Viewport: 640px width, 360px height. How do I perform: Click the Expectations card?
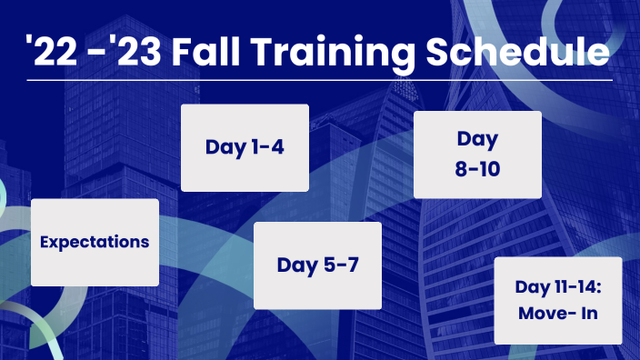pyautogui.click(x=95, y=243)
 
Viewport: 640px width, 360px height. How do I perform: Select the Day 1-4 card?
pyautogui.click(x=244, y=147)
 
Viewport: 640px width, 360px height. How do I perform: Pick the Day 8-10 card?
pyautogui.click(x=477, y=155)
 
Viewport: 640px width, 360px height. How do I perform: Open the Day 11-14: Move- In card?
pyautogui.click(x=557, y=300)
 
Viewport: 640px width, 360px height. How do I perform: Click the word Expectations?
pyautogui.click(x=95, y=243)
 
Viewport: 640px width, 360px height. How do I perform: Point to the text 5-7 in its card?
pyautogui.click(x=337, y=265)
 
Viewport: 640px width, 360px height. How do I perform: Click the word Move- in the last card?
pyautogui.click(x=543, y=313)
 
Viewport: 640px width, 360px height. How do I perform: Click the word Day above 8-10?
pyautogui.click(x=477, y=141)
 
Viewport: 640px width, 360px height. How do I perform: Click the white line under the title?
pyautogui.click(x=320, y=80)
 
